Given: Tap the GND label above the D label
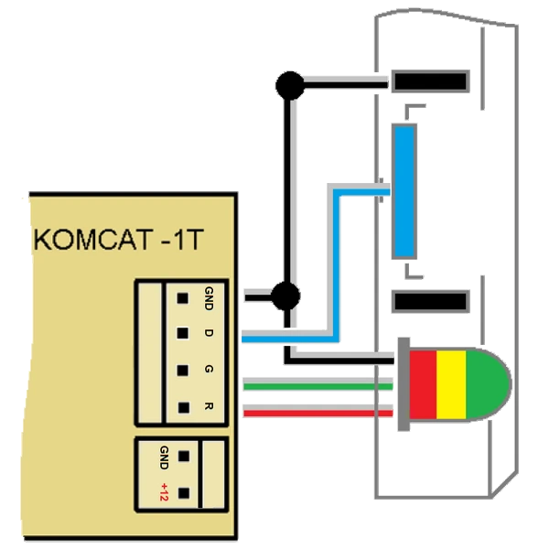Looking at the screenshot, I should point(209,297).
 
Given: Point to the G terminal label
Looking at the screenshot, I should point(209,370).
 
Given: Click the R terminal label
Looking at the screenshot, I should point(209,406).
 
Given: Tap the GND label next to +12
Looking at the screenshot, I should point(164,455).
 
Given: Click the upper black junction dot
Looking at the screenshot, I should point(289,87).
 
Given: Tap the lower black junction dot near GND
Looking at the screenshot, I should point(285,296).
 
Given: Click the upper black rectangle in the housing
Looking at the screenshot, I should point(430,82).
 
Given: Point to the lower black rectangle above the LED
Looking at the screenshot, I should point(430,301).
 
